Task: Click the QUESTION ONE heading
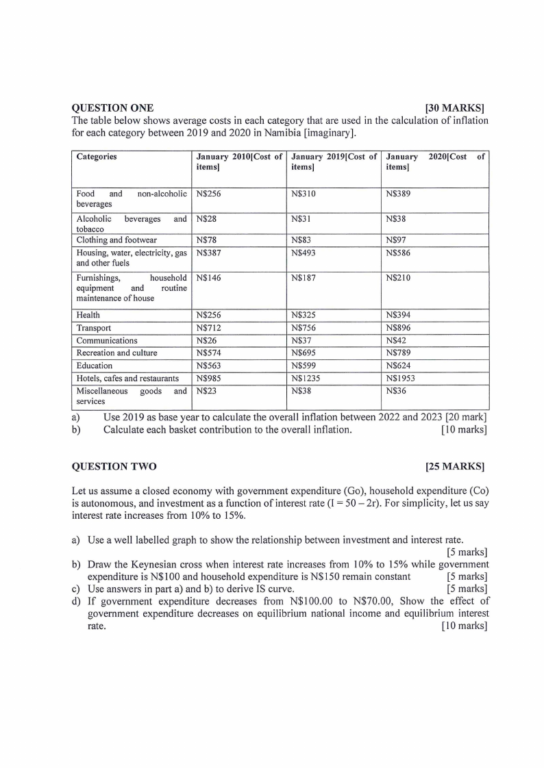(112, 108)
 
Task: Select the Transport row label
(94, 328)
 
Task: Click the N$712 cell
(208, 328)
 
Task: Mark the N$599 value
(303, 366)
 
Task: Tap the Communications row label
(107, 340)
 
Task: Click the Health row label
(88, 315)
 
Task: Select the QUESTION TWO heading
(114, 467)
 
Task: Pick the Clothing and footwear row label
(116, 240)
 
